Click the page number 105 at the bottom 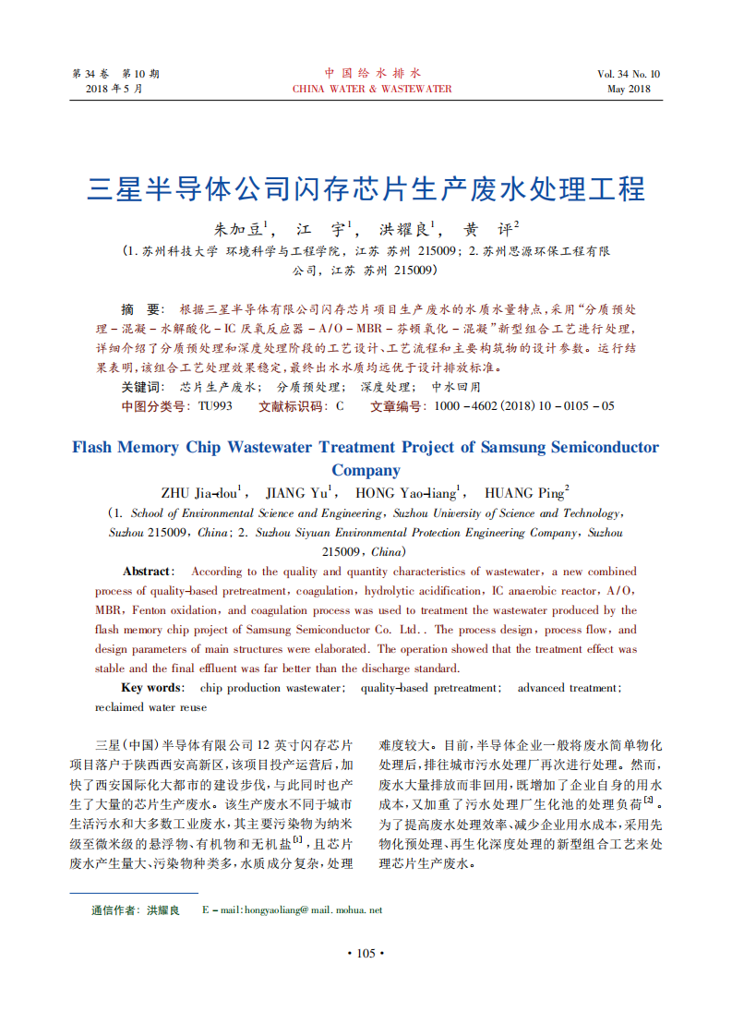[x=366, y=953]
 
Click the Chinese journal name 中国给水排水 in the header [x=372, y=73]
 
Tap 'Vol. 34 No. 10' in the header [x=629, y=74]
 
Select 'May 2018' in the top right [x=629, y=89]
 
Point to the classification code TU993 [x=215, y=405]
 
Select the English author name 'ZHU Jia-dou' [x=200, y=492]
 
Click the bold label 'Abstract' [x=147, y=572]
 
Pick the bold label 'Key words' [x=151, y=688]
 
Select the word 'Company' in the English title [x=366, y=470]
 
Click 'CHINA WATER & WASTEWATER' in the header [x=372, y=89]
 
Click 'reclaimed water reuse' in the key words [x=150, y=707]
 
